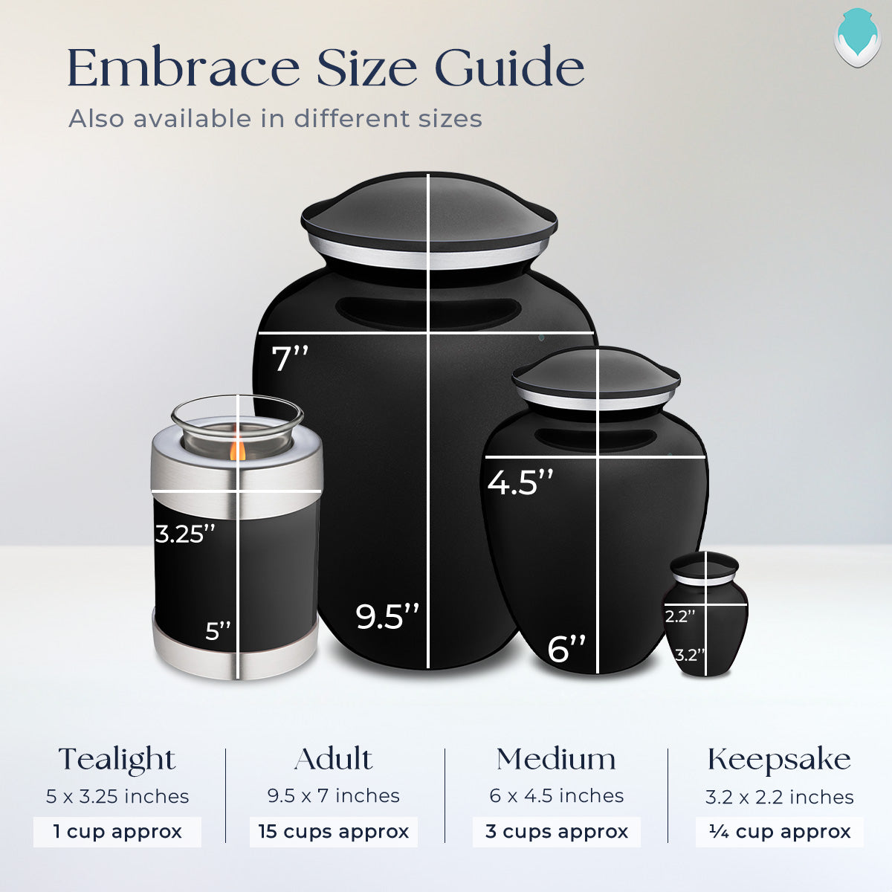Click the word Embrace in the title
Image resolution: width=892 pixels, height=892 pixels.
[183, 68]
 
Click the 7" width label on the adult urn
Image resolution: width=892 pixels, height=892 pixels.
[290, 359]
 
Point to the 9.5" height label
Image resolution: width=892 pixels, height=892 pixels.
[387, 617]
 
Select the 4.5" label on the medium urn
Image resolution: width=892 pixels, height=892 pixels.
[520, 482]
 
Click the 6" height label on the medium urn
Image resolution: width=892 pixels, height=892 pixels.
[566, 649]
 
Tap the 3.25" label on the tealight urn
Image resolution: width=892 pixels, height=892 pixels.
[185, 534]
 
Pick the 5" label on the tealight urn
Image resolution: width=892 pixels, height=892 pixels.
[219, 631]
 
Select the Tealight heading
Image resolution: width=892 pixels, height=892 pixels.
[117, 760]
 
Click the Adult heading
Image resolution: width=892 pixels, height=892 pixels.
[333, 760]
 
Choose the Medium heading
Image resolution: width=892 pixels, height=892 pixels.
[556, 760]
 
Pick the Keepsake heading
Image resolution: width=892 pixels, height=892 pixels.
[779, 760]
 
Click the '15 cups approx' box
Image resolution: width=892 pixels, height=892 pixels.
[334, 832]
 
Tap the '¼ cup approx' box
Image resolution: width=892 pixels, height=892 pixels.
[780, 832]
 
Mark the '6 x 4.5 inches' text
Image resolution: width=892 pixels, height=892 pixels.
[556, 796]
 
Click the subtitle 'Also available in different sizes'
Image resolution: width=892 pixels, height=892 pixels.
[275, 119]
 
